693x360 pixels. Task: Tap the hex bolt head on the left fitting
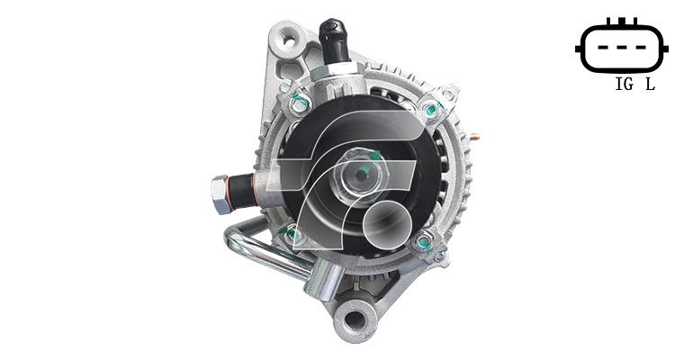[x=220, y=194]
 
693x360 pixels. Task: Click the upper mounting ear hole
[x=289, y=41]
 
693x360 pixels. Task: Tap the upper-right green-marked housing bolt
[x=430, y=110]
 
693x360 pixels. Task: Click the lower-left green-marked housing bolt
[x=293, y=235]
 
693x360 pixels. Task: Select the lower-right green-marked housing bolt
[x=423, y=242]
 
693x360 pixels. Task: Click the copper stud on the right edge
[x=474, y=137]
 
